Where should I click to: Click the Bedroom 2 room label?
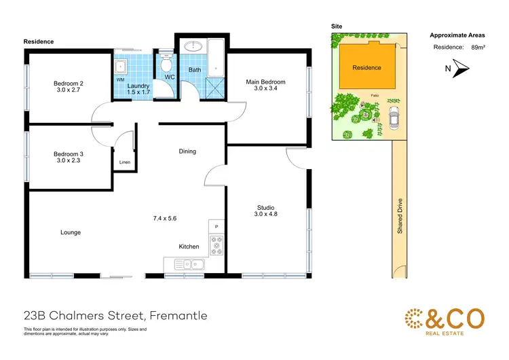[x=69, y=84]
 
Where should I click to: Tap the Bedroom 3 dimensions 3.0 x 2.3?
[x=69, y=161]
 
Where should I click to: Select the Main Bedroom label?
[x=265, y=82]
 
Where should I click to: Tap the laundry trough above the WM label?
[x=121, y=67]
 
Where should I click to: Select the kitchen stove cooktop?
[x=217, y=245]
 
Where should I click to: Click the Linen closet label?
[x=124, y=162]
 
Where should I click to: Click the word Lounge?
[x=71, y=232]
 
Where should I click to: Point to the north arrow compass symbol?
[x=460, y=67]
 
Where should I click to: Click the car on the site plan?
[x=393, y=120]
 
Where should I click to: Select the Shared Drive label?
[x=400, y=216]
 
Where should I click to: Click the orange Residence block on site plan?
[x=366, y=67]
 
